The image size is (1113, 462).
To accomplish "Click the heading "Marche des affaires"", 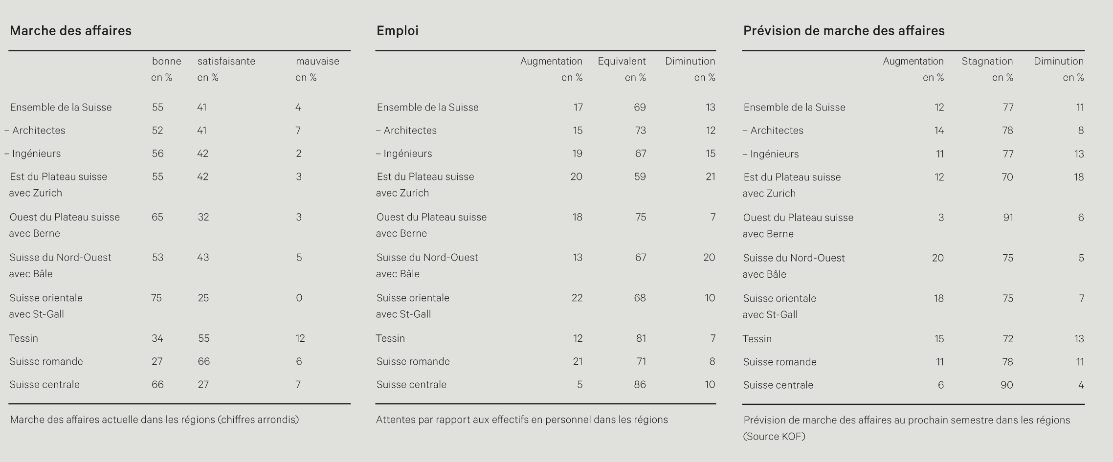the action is pyautogui.click(x=70, y=31).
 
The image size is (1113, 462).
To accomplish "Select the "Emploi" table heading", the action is pyautogui.click(x=398, y=31).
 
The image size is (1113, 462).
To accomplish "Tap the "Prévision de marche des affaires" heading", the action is pyautogui.click(x=844, y=31).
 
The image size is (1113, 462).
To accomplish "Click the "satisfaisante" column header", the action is pyautogui.click(x=226, y=61).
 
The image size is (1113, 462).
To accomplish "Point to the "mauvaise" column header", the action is pyautogui.click(x=317, y=61).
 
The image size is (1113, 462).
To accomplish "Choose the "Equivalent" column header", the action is pyautogui.click(x=622, y=61).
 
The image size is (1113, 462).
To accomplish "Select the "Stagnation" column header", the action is pyautogui.click(x=987, y=61).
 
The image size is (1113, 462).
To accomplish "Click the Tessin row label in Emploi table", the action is pyautogui.click(x=390, y=338).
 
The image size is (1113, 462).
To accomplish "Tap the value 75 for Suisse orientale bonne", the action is pyautogui.click(x=156, y=298).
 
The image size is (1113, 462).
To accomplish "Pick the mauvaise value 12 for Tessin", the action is pyautogui.click(x=300, y=338).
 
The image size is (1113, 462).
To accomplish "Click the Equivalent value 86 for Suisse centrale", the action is pyautogui.click(x=640, y=384).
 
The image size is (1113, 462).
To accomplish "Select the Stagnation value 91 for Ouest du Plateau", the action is pyautogui.click(x=1008, y=218).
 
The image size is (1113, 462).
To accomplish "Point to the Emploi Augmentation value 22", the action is pyautogui.click(x=577, y=298).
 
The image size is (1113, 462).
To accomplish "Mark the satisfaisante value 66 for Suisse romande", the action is pyautogui.click(x=204, y=361).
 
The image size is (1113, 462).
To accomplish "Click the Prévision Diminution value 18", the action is pyautogui.click(x=1079, y=177).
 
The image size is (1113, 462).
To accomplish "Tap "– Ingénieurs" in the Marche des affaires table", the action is pyautogui.click(x=33, y=154).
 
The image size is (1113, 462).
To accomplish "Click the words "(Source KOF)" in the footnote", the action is pyautogui.click(x=774, y=437).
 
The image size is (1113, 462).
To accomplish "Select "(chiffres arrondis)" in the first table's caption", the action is pyautogui.click(x=258, y=419).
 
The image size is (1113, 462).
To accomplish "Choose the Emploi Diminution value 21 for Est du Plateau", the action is pyautogui.click(x=711, y=176).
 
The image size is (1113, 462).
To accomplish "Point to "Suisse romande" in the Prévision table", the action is pyautogui.click(x=780, y=362).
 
